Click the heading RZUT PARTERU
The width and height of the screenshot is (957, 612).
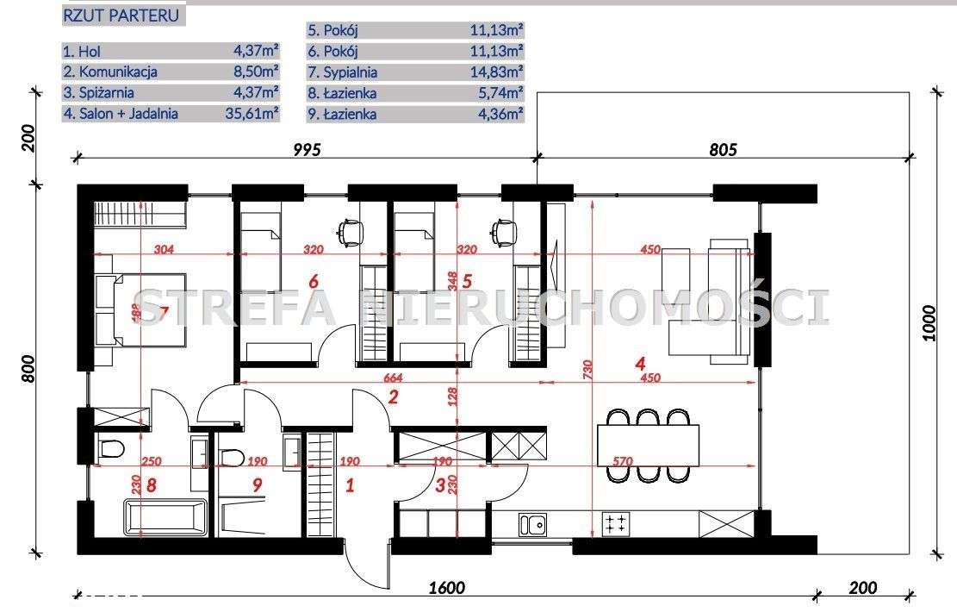pyautogui.click(x=121, y=16)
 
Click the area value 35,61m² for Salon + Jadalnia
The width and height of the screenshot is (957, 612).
pyautogui.click(x=252, y=113)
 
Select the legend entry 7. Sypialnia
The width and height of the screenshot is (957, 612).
pyautogui.click(x=342, y=72)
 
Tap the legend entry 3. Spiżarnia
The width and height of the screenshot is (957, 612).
pyautogui.click(x=98, y=93)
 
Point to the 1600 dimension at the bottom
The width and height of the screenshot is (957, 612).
pyautogui.click(x=447, y=588)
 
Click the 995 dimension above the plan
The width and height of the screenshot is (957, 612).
pyautogui.click(x=307, y=150)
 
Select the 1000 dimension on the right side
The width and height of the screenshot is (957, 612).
pyautogui.click(x=929, y=322)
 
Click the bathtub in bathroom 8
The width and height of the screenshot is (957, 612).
pyautogui.click(x=166, y=516)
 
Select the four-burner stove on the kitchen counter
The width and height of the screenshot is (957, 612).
pyautogui.click(x=616, y=524)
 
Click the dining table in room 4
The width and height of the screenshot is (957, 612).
pyautogui.click(x=648, y=446)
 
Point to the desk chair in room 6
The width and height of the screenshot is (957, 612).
pyautogui.click(x=351, y=233)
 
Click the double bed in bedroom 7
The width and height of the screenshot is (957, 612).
pyautogui.click(x=140, y=310)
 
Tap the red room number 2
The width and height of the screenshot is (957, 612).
pyautogui.click(x=393, y=397)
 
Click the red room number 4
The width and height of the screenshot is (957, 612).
pyautogui.click(x=640, y=364)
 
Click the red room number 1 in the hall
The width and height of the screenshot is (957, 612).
pyautogui.click(x=350, y=485)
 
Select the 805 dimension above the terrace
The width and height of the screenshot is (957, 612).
pyautogui.click(x=724, y=150)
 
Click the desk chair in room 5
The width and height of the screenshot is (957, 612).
pyautogui.click(x=504, y=233)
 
